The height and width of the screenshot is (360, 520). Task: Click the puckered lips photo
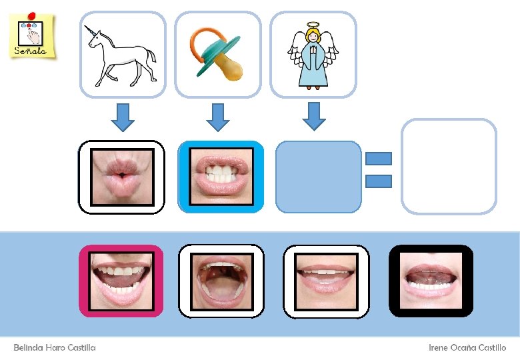pyautogui.click(x=121, y=177)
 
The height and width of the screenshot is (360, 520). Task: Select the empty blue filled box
pyautogui.click(x=318, y=177)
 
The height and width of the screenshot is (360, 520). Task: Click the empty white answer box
pyautogui.click(x=449, y=167)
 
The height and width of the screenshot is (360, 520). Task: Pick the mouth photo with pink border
pyautogui.click(x=121, y=281)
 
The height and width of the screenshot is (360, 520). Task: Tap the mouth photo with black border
pyautogui.click(x=431, y=281)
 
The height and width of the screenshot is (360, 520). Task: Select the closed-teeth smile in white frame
pyautogui.click(x=327, y=281)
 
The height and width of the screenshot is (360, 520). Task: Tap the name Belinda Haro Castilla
pyautogui.click(x=55, y=347)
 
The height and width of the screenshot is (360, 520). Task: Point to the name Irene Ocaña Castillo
pyautogui.click(x=467, y=347)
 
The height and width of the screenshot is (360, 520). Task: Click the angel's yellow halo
pyautogui.click(x=313, y=26)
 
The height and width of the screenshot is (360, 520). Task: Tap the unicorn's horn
pyautogui.click(x=87, y=31)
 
